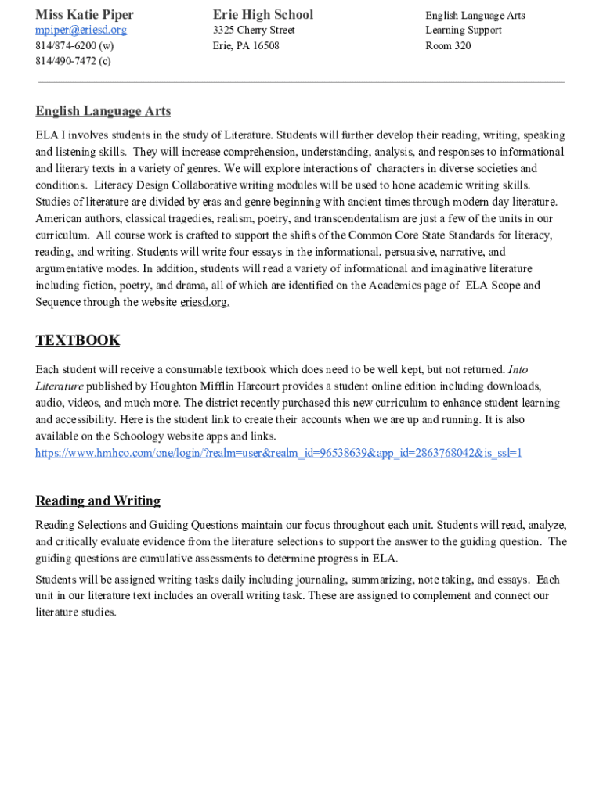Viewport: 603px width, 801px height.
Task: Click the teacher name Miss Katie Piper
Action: tap(85, 15)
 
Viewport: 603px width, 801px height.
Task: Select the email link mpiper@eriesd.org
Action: tap(81, 31)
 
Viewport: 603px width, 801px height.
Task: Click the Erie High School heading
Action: tap(262, 15)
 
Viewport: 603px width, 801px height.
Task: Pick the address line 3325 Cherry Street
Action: tap(254, 31)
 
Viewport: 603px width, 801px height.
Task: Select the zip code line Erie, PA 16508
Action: tap(246, 46)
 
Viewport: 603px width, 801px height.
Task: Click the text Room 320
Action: tap(448, 46)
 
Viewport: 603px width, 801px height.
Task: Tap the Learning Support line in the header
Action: tap(464, 31)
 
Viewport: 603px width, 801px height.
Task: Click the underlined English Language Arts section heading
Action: tap(103, 112)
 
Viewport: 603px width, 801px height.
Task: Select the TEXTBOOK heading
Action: tap(78, 340)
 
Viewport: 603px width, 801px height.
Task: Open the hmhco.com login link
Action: tap(279, 453)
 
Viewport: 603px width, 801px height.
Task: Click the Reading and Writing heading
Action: tap(98, 501)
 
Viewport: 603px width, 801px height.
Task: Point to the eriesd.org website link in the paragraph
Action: tap(204, 303)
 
